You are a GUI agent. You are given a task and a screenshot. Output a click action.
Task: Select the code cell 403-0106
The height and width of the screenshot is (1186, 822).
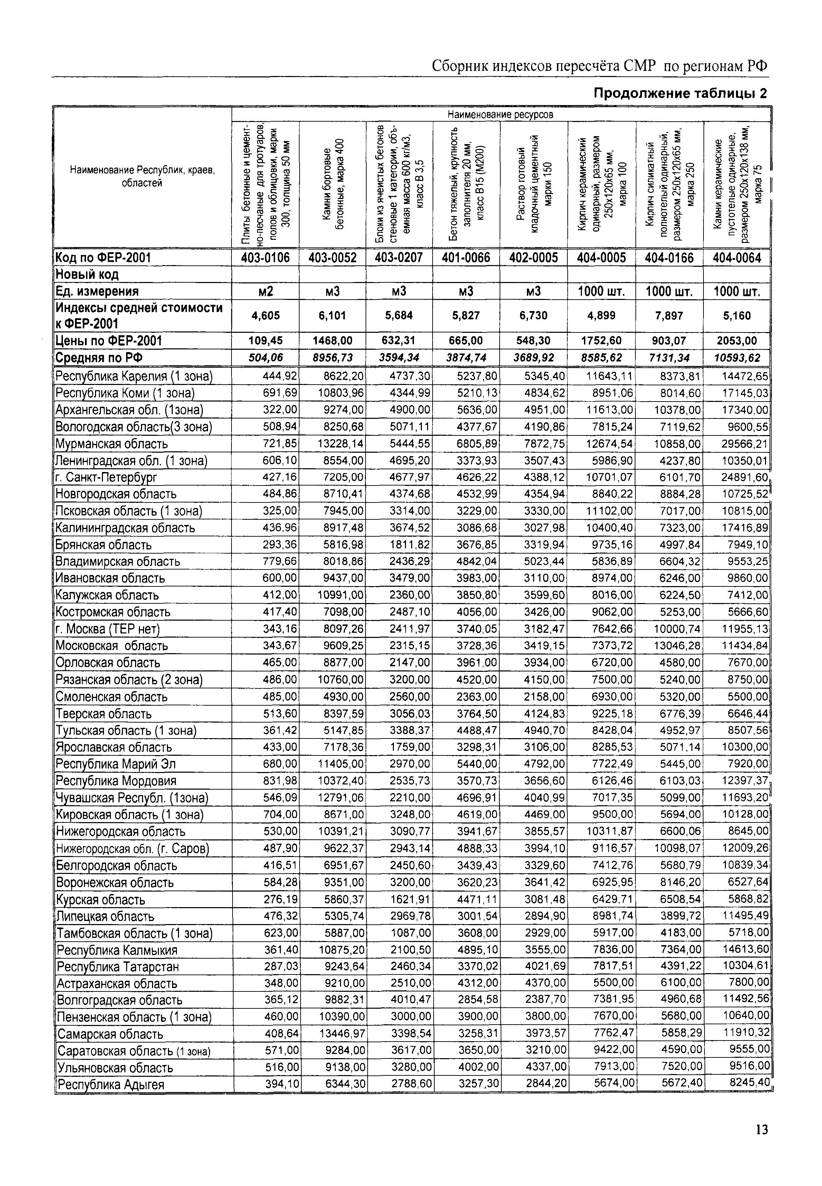(x=265, y=257)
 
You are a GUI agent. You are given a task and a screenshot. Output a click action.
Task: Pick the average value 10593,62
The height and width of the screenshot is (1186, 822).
(x=737, y=357)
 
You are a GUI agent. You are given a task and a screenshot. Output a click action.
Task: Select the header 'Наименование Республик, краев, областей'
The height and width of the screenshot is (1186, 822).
(x=142, y=176)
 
